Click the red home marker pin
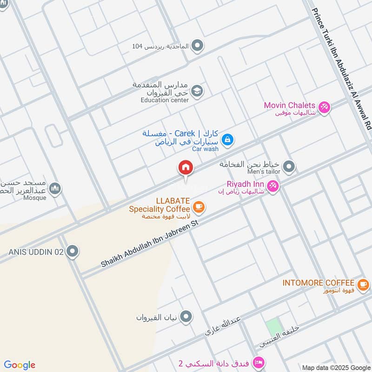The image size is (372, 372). pyautogui.click(x=186, y=168)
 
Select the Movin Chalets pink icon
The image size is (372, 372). pyautogui.click(x=324, y=106)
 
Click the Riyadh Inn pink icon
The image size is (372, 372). pyautogui.click(x=273, y=186)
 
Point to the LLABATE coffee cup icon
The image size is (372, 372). pyautogui.click(x=199, y=206)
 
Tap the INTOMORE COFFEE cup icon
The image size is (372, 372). pyautogui.click(x=363, y=283)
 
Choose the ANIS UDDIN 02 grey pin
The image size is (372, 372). pyautogui.click(x=72, y=252)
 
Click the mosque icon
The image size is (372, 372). pyautogui.click(x=55, y=188)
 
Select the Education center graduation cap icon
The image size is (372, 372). pyautogui.click(x=197, y=90)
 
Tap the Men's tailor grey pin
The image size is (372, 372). pyautogui.click(x=289, y=166)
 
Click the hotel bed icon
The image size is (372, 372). pyautogui.click(x=259, y=362)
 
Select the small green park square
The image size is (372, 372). pyautogui.click(x=274, y=327)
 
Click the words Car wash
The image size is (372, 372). pyautogui.click(x=205, y=149)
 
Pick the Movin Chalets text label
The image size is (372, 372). pyautogui.click(x=290, y=105)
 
